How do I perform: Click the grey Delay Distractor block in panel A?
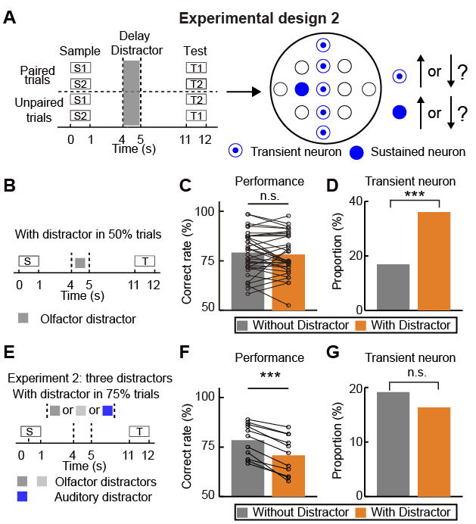tap(131, 92)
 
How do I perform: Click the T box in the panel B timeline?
tap(144, 261)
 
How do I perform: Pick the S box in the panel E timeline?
tap(28, 431)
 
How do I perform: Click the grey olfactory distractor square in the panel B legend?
tap(25, 319)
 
